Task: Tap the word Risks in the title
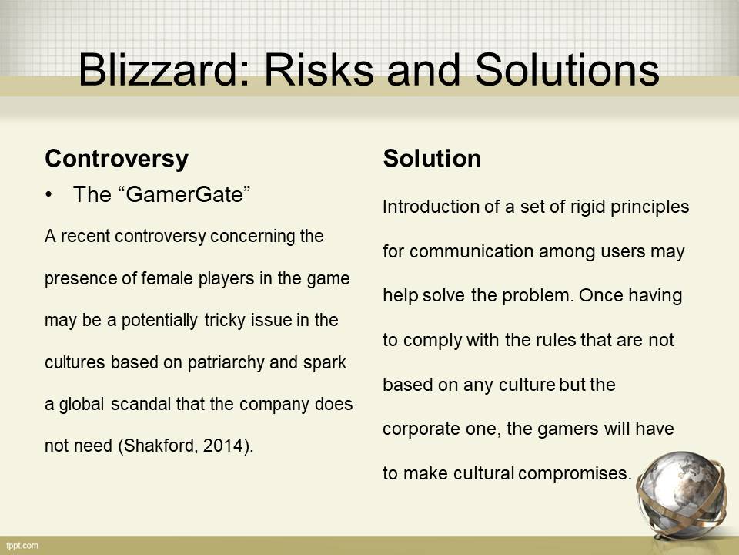(319, 69)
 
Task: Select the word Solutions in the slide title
(567, 69)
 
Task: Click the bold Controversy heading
(116, 160)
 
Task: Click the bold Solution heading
(432, 158)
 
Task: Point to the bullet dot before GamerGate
(48, 195)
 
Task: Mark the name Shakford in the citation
(159, 446)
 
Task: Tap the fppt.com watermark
(22, 546)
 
